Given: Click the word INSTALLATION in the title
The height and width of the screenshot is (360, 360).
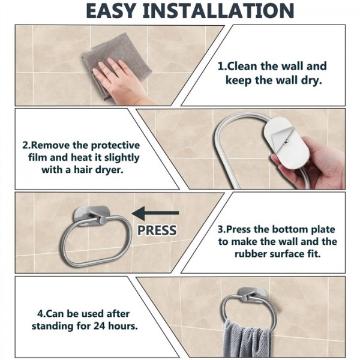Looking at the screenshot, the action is (218, 11).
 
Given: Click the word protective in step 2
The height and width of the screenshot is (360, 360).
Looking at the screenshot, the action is (115, 146).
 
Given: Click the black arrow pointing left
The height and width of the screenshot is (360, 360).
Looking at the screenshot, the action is (155, 213).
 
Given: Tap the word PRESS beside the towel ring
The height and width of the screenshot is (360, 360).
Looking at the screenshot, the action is (157, 230).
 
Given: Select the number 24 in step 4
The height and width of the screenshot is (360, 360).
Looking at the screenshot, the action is (99, 326).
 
